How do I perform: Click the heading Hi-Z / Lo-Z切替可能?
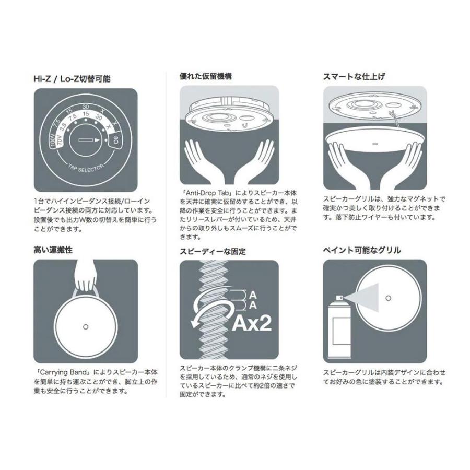point(72,79)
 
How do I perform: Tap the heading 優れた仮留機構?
point(206,76)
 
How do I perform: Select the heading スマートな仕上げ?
point(354,76)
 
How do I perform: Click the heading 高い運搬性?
point(53,250)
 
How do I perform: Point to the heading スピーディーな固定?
point(213,251)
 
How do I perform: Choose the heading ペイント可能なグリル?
point(362,250)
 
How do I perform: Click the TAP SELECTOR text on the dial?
point(86,168)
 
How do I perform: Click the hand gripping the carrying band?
point(86,275)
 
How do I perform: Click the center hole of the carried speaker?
point(86,326)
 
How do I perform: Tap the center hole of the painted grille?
point(388,298)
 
